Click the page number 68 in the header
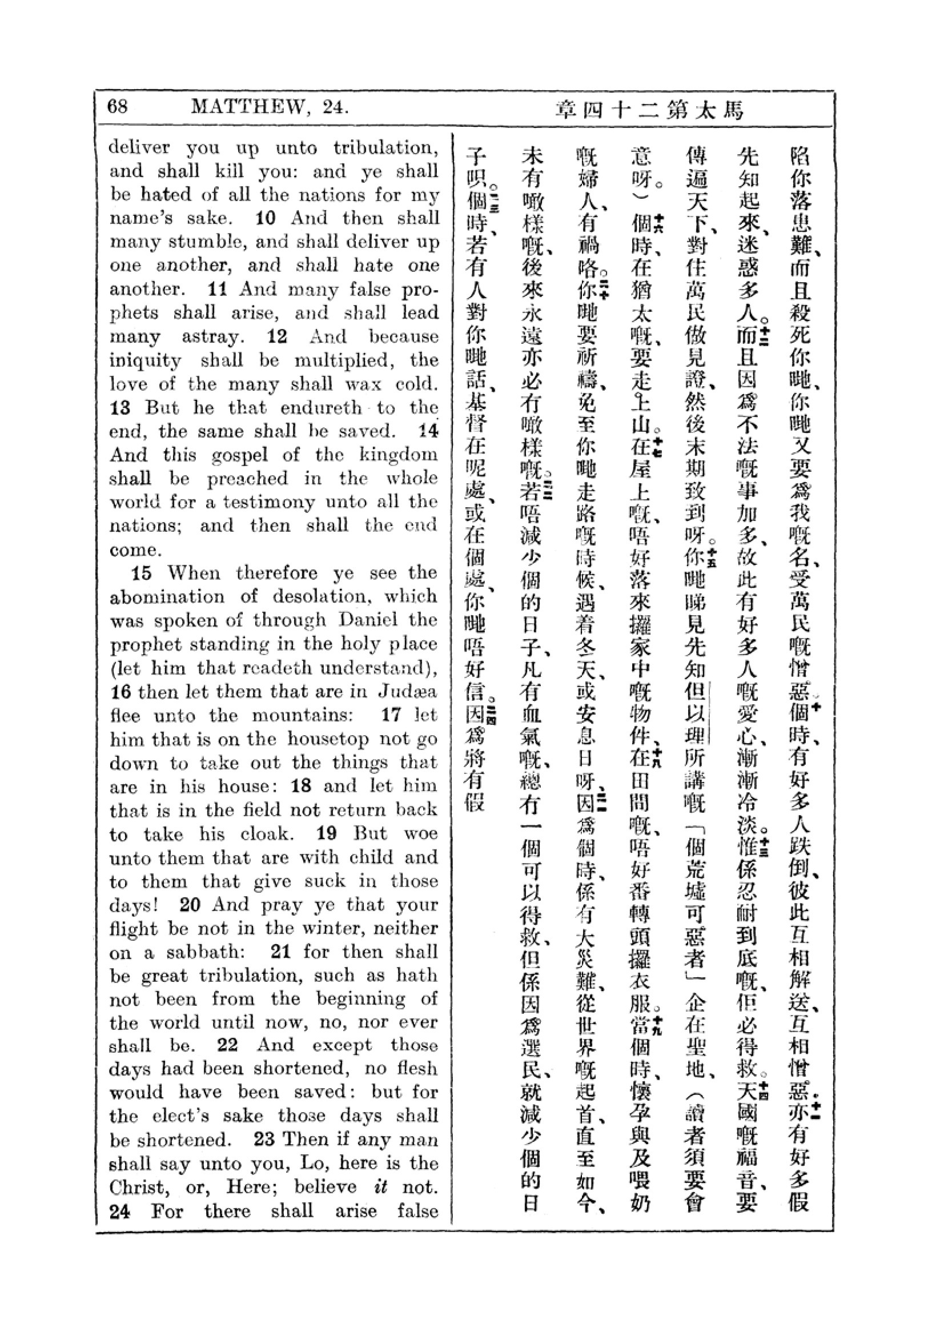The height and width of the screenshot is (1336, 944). (118, 107)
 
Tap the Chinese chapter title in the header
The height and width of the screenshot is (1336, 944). (650, 109)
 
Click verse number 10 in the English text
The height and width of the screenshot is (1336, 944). (265, 218)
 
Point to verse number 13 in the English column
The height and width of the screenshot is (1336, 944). (120, 407)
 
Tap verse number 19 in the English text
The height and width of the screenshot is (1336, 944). (327, 833)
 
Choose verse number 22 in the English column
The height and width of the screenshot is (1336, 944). (227, 1045)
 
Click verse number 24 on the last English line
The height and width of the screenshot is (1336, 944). (120, 1211)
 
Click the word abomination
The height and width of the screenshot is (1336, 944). (167, 597)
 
